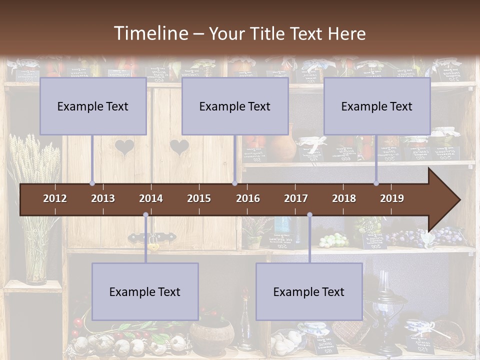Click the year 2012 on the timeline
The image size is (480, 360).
(x=55, y=198)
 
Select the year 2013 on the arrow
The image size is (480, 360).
(x=103, y=198)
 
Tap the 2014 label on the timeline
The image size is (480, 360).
(x=151, y=198)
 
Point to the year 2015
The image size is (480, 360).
(x=199, y=198)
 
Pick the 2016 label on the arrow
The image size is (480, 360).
(x=248, y=198)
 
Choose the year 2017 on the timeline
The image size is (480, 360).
(x=296, y=198)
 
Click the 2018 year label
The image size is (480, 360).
(x=344, y=198)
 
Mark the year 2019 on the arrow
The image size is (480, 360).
(x=392, y=198)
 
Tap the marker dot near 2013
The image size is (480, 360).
(x=92, y=183)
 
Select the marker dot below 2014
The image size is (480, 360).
(x=145, y=215)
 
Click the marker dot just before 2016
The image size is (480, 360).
(x=234, y=183)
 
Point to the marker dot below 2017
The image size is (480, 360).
(x=309, y=215)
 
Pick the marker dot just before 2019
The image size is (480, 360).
(x=376, y=183)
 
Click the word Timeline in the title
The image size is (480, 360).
(x=151, y=33)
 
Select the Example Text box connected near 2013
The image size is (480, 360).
(x=93, y=106)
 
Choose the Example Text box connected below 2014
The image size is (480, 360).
(x=145, y=291)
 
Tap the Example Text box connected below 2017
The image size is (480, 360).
(x=309, y=291)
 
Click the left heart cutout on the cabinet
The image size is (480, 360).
(x=124, y=147)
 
